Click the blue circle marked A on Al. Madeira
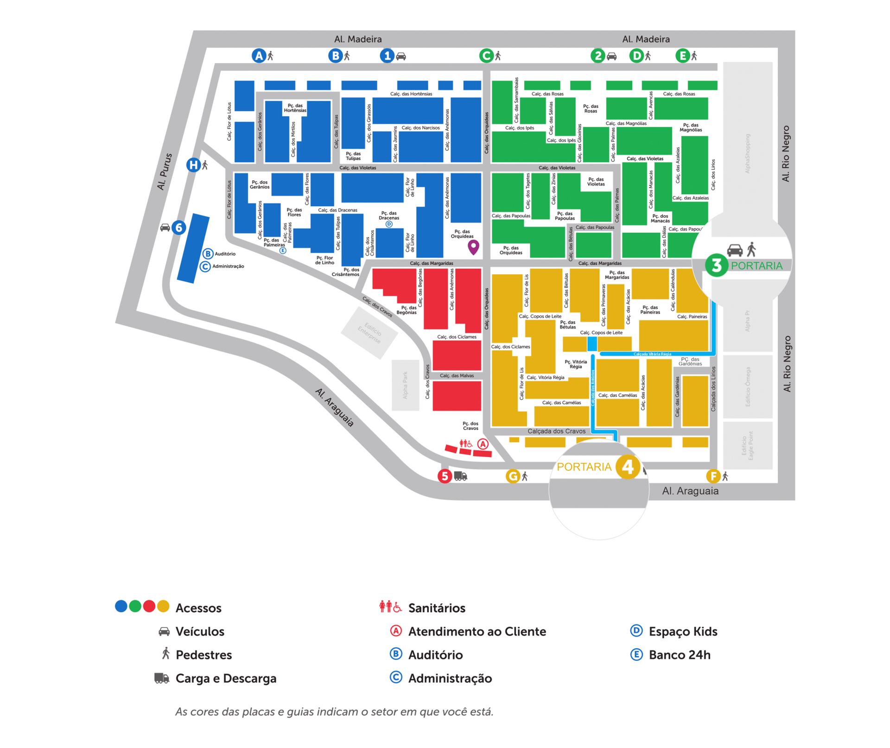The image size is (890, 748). (258, 56)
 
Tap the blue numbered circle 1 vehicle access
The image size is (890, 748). (387, 56)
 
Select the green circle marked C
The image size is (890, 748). (486, 56)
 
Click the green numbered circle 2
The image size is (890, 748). (598, 56)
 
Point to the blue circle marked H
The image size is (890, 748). (193, 165)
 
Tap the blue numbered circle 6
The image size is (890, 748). (179, 228)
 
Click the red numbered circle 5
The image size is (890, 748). (445, 476)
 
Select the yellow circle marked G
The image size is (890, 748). (513, 476)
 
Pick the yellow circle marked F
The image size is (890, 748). (713, 476)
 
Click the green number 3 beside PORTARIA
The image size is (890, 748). (716, 266)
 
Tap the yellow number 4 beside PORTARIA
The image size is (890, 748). (628, 467)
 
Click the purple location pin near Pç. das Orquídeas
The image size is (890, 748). (473, 247)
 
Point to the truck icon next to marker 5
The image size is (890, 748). (460, 476)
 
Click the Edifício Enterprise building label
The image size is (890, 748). (369, 332)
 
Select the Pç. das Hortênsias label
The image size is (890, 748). (295, 108)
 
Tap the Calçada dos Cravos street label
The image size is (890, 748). (556, 431)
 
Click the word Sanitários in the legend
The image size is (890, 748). (437, 608)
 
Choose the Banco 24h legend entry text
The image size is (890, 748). (679, 655)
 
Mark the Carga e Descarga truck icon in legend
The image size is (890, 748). (161, 678)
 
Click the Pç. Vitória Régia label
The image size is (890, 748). (576, 364)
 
